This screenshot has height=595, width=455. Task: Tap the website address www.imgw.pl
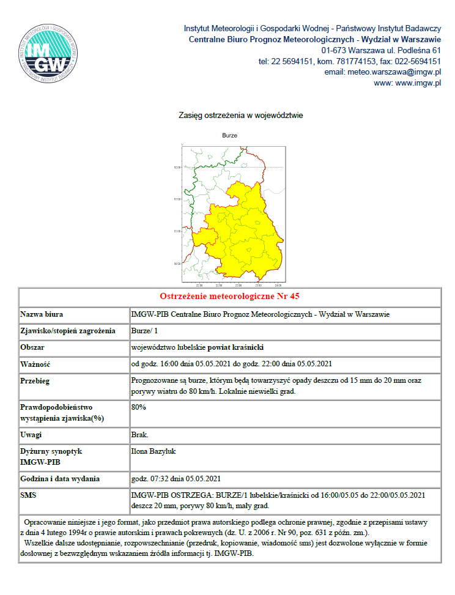pyautogui.click(x=418, y=83)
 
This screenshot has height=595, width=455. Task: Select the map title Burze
pyautogui.click(x=230, y=135)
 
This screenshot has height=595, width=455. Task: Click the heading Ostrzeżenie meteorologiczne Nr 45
pyautogui.click(x=229, y=297)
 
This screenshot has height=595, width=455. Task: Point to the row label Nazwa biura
pyautogui.click(x=43, y=314)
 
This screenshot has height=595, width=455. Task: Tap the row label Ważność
pyautogui.click(x=35, y=364)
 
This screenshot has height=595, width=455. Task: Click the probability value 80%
pyautogui.click(x=139, y=407)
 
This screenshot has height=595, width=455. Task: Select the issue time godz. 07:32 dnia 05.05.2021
pyautogui.click(x=176, y=478)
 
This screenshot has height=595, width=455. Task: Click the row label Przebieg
pyautogui.click(x=35, y=381)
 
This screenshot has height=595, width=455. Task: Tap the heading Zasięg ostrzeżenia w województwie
pyautogui.click(x=241, y=115)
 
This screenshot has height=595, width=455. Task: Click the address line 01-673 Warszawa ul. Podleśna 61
pyautogui.click(x=381, y=50)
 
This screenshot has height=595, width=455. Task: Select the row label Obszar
pyautogui.click(x=33, y=347)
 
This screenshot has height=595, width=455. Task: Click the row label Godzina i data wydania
pyautogui.click(x=60, y=478)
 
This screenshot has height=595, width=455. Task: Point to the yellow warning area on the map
pyautogui.click(x=245, y=232)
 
